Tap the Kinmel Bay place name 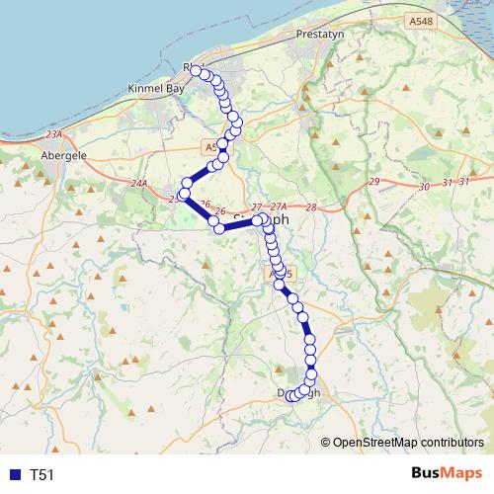[156, 88]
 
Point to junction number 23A [53, 134]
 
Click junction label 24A [138, 183]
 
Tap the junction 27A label [278, 206]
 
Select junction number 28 [311, 207]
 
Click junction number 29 [372, 182]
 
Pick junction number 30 [425, 186]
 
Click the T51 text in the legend [42, 475]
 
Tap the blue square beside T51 [15, 475]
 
